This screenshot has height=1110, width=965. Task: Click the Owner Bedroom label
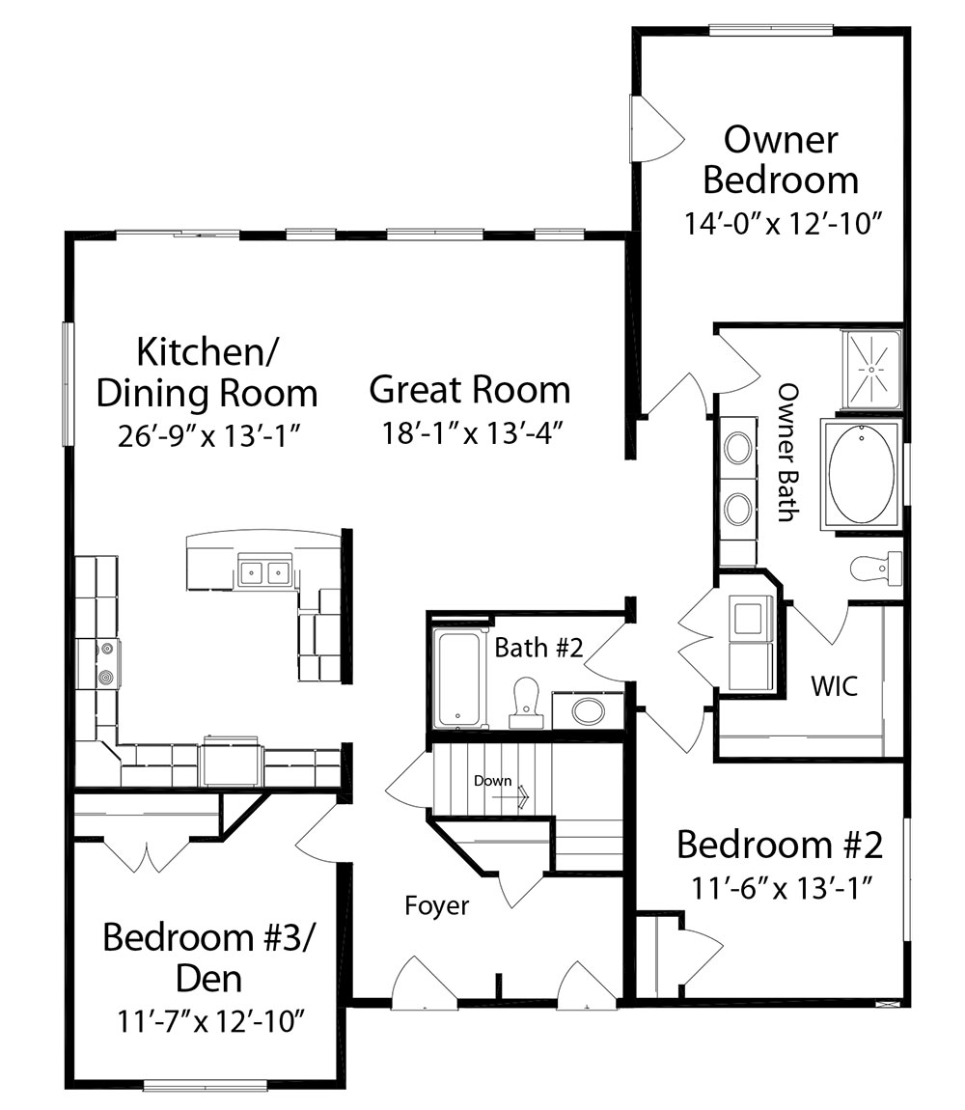pos(781,160)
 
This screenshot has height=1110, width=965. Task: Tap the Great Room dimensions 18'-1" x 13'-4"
pos(472,432)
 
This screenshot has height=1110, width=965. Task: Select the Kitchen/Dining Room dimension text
pos(210,436)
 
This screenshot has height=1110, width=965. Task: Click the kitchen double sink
pos(265,571)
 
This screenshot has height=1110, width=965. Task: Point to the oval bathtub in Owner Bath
pos(861,474)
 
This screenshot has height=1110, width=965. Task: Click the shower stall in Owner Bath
pos(871,369)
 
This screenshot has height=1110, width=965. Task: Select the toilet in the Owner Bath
pos(876,567)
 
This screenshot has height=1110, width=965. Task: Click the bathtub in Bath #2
pos(459,679)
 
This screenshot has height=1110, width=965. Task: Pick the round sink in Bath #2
pos(588,710)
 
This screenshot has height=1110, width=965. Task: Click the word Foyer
pos(437,905)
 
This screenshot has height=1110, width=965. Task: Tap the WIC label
pos(835,685)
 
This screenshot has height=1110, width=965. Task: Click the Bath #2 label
pos(538,647)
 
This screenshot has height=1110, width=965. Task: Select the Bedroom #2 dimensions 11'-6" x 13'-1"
pos(781,887)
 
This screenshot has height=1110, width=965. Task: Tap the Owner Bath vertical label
pos(788,453)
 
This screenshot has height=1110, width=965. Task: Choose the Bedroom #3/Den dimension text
pos(210,1021)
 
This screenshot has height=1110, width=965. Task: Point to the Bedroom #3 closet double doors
pos(147,855)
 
